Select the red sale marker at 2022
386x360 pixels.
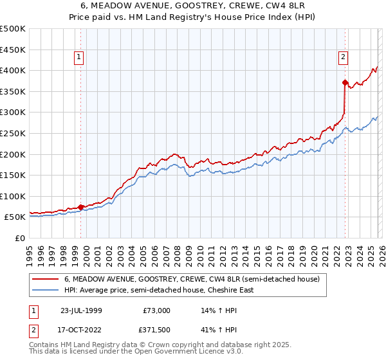(345, 82)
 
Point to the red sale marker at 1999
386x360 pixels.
(80, 207)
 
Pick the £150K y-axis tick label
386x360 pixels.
(13, 175)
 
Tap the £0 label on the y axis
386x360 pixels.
(20, 238)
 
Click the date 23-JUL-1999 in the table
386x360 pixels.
(80, 310)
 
